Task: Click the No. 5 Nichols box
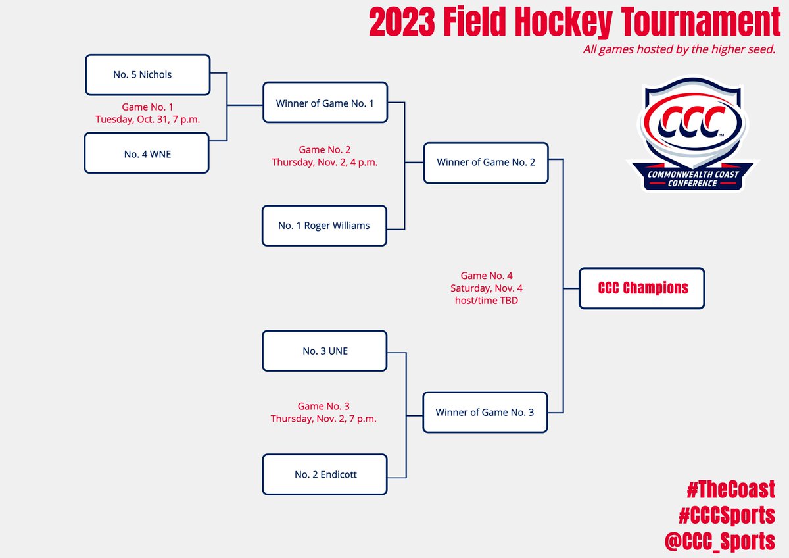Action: (147, 75)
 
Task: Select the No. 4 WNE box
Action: (147, 153)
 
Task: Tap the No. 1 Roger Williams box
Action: (324, 226)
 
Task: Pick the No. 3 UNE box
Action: (325, 351)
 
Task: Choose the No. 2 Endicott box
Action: (325, 474)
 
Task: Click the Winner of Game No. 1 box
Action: (325, 103)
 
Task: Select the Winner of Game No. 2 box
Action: (485, 162)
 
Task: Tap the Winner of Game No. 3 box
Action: (485, 413)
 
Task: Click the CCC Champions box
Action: (642, 288)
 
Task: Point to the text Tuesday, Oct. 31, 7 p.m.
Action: (147, 119)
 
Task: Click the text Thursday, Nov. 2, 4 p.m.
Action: (324, 162)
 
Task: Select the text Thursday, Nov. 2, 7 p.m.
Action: (323, 419)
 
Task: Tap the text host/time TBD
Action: (487, 300)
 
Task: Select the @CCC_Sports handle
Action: (720, 541)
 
